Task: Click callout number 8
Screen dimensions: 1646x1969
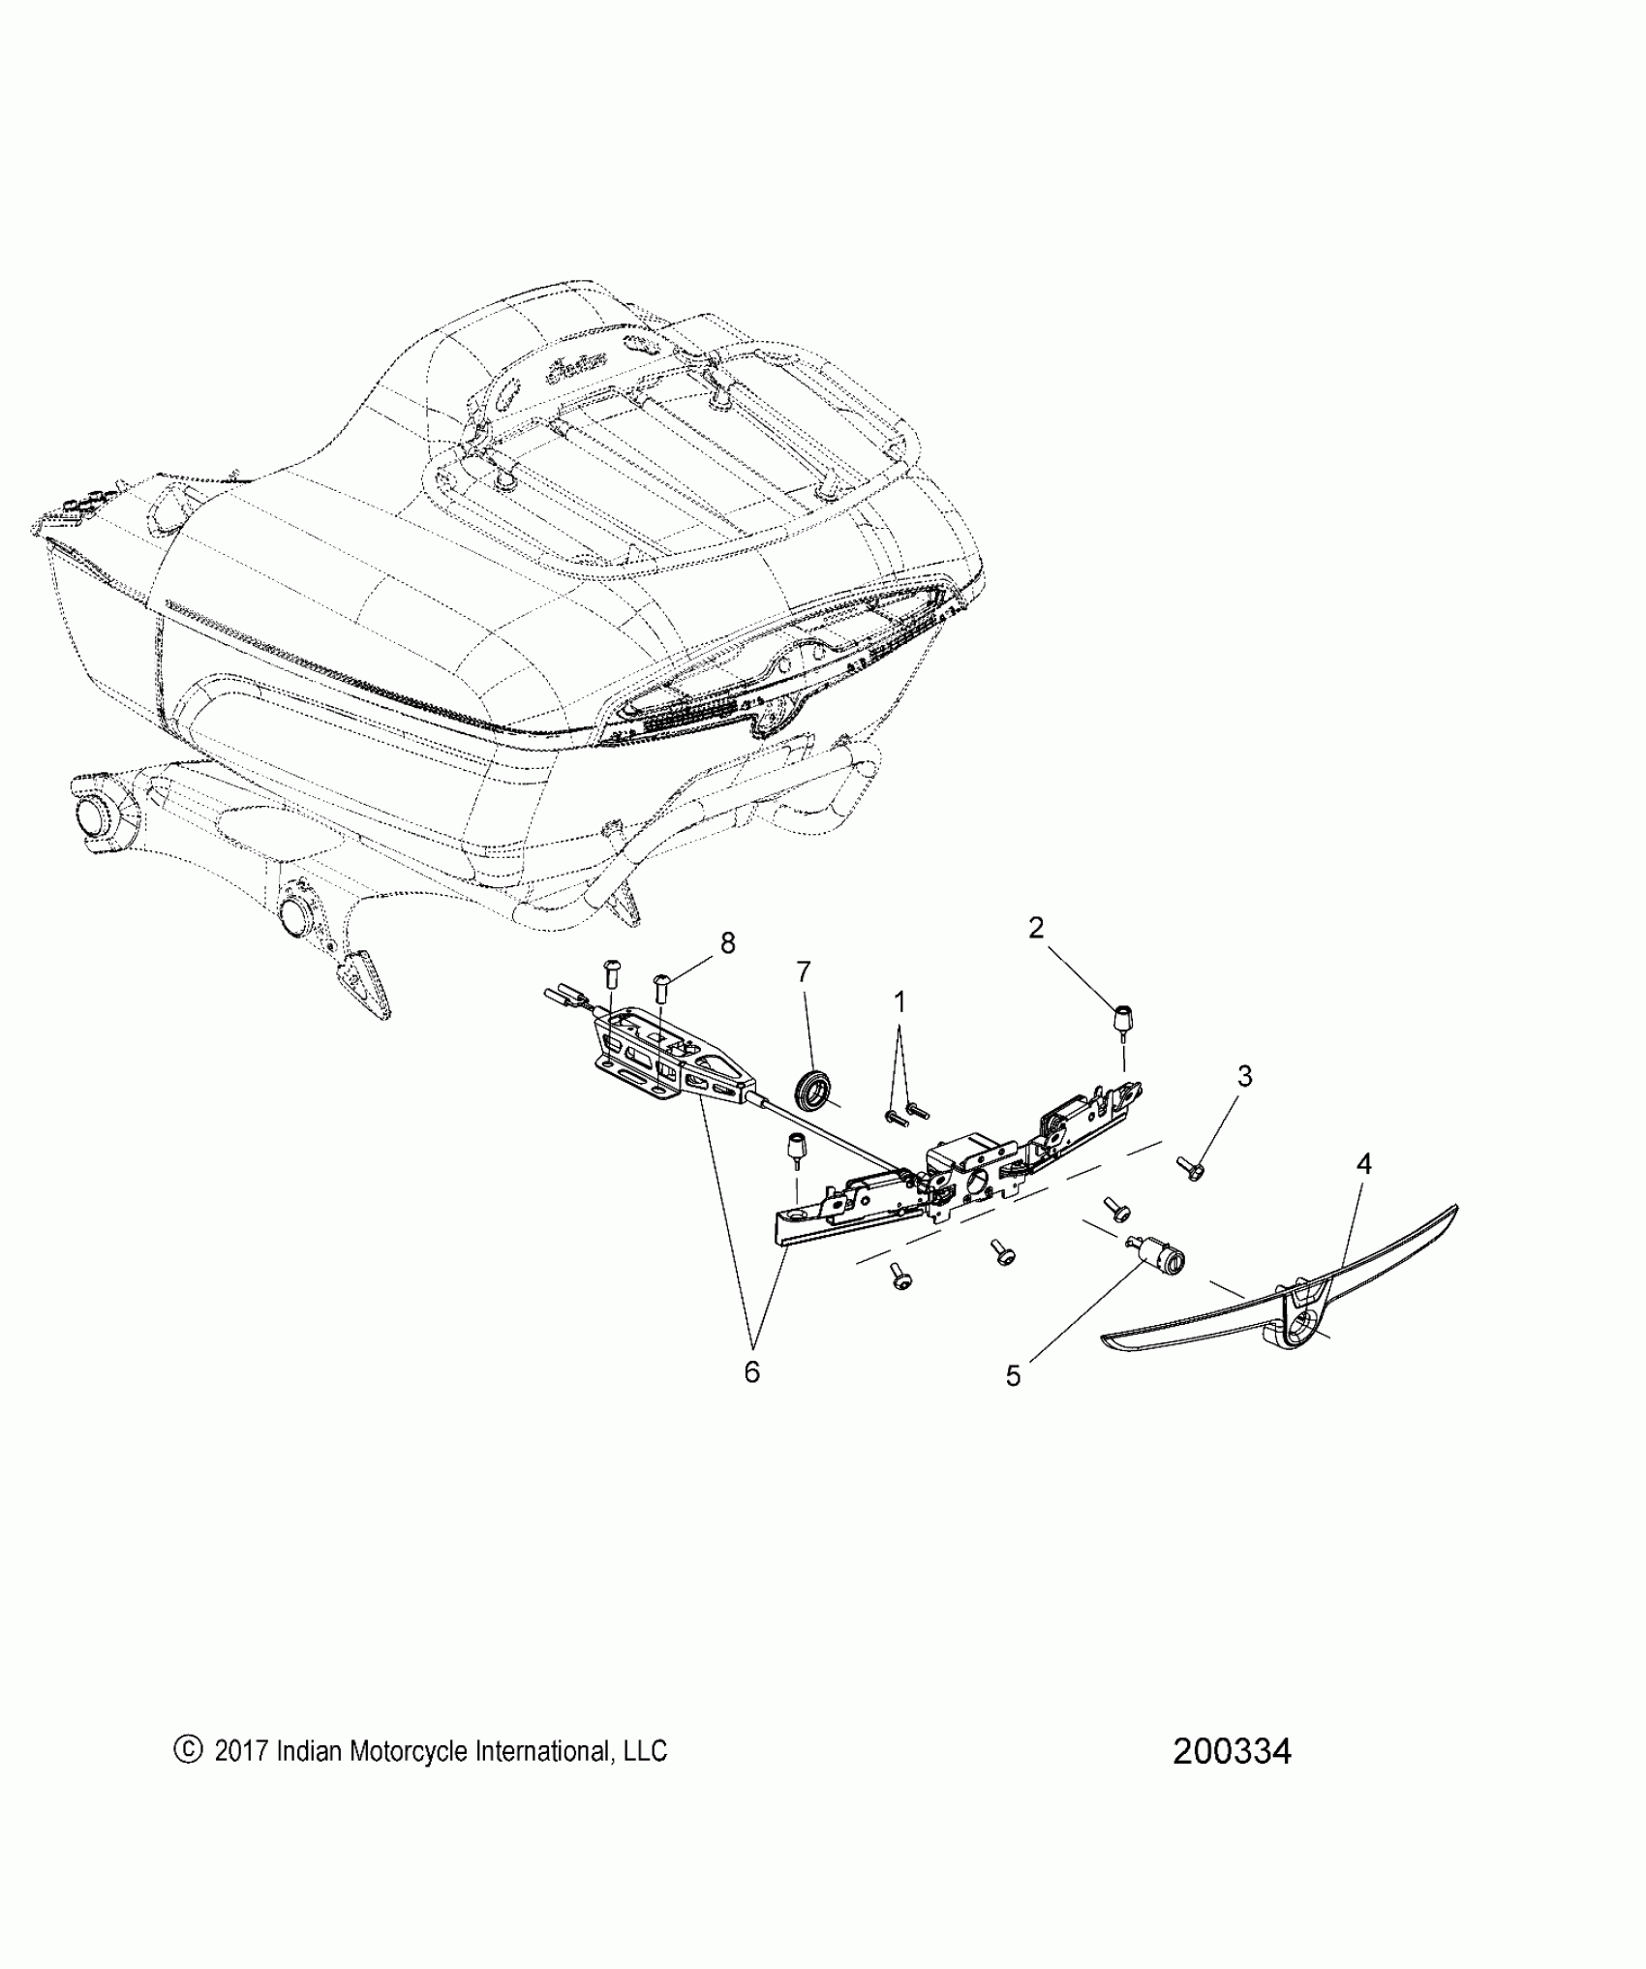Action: [x=727, y=942]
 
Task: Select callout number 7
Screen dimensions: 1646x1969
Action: [x=803, y=971]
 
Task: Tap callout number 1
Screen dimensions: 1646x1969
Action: [x=899, y=1002]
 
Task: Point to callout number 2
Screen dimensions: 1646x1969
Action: [x=1036, y=928]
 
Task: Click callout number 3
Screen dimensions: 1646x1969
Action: [x=1245, y=1076]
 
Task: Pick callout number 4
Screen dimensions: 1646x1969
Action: [x=1363, y=1164]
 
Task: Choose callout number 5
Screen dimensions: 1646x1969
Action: [x=1013, y=1376]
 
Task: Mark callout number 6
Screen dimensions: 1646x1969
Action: [x=751, y=1372]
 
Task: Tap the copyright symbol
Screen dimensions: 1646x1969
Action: [x=187, y=1749]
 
